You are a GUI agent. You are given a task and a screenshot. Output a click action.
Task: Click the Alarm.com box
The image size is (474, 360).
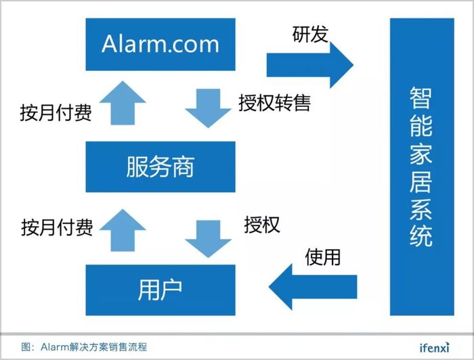160,45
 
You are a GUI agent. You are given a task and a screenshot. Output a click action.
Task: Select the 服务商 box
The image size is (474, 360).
160,166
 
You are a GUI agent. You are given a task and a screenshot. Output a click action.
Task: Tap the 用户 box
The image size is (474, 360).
160,290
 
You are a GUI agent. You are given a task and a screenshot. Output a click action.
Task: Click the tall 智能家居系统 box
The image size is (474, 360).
422,166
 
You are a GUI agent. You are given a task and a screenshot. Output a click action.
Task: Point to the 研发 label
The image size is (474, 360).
310,34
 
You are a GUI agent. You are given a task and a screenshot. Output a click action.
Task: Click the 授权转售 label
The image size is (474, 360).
275,103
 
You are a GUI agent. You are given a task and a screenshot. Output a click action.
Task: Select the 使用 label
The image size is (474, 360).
323,257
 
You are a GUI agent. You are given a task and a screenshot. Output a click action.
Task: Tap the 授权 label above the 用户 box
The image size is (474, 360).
262,225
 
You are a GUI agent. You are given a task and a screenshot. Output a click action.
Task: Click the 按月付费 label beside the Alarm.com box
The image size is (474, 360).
56,112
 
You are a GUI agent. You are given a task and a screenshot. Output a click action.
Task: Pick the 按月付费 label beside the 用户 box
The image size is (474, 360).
57,227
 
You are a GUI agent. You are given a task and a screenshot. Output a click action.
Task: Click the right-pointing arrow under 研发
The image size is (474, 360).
310,65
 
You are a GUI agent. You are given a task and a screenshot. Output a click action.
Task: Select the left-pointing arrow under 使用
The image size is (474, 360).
313,287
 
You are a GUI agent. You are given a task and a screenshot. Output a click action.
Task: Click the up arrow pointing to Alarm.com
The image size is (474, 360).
123,103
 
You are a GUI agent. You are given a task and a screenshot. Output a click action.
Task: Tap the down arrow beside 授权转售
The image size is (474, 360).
209,108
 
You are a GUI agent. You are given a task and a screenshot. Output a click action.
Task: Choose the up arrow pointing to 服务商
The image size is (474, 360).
123,230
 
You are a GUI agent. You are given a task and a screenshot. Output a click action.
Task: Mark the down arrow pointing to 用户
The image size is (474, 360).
209,239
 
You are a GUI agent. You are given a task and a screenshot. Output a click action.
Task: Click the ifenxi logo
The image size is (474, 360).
435,347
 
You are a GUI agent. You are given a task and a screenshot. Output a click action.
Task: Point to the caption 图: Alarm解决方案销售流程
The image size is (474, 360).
84,347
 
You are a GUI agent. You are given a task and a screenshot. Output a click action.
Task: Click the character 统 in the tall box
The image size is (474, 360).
421,235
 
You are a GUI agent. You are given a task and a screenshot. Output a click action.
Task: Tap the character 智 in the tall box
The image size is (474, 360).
421,98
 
